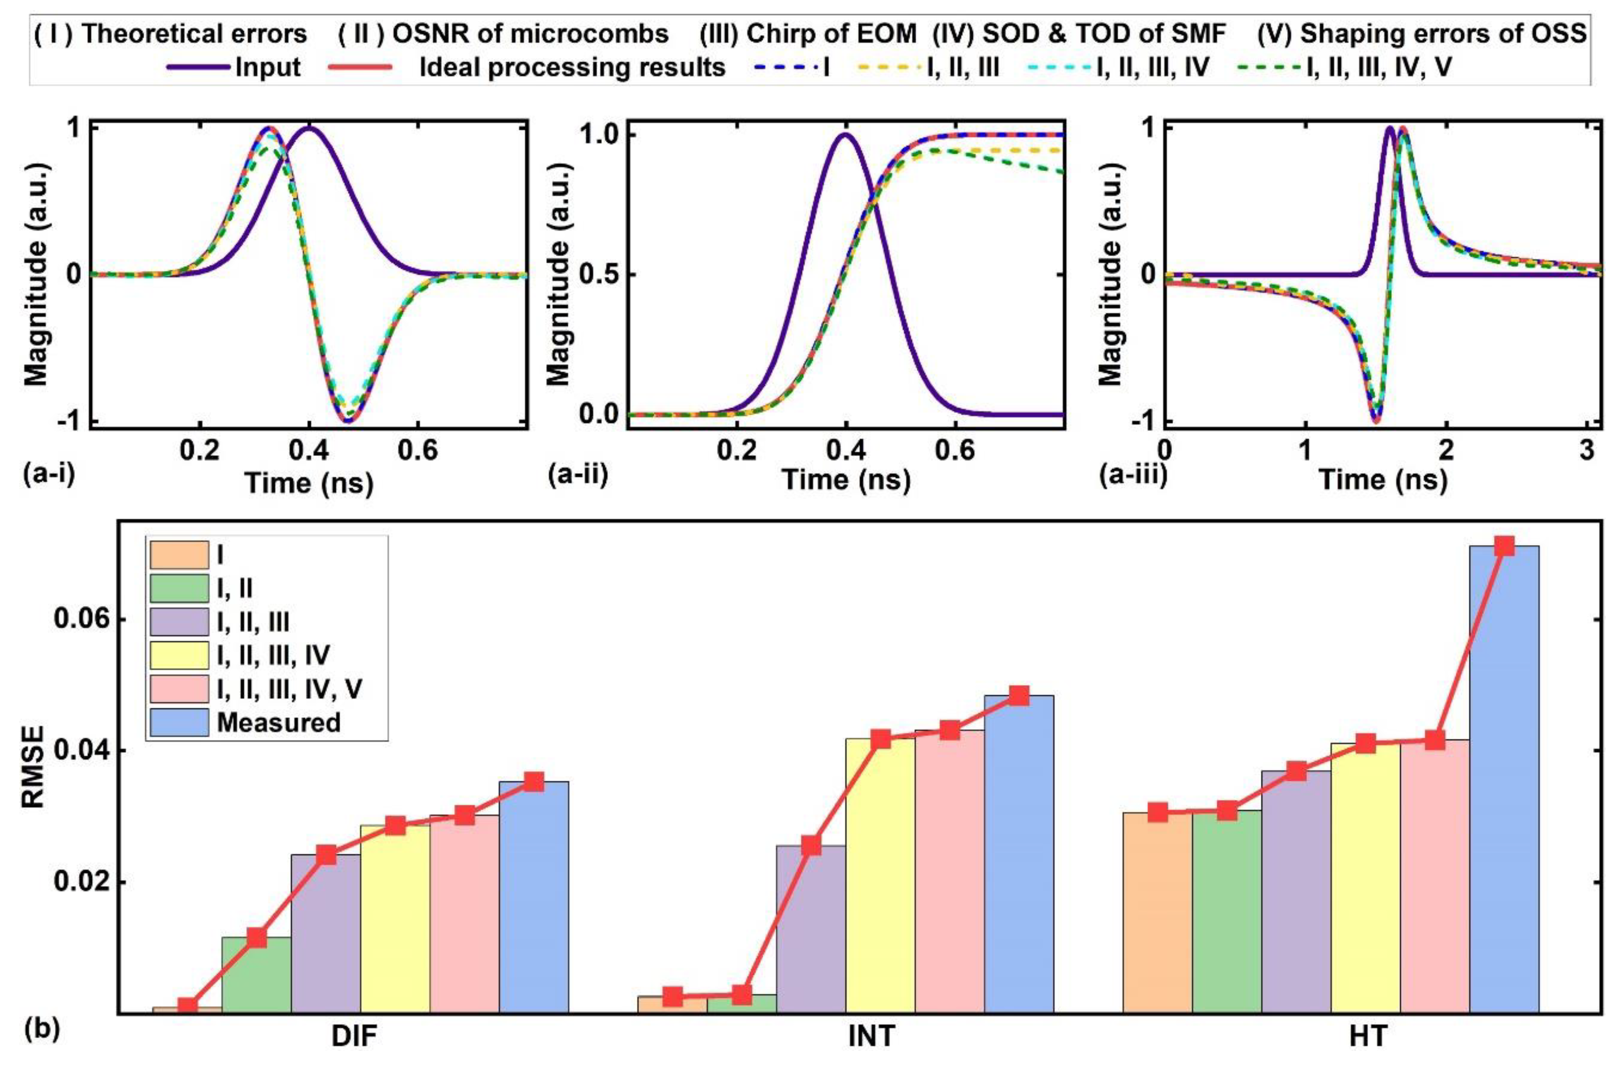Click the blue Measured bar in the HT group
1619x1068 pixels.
click(x=1504, y=783)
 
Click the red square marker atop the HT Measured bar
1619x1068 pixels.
click(x=1504, y=546)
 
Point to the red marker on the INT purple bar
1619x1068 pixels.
click(x=811, y=846)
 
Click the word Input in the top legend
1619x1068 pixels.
click(x=268, y=68)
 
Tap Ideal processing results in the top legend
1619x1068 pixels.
click(x=572, y=68)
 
